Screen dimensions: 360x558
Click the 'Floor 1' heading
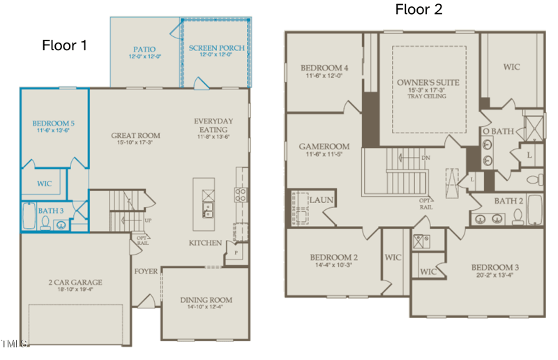pyautogui.click(x=65, y=46)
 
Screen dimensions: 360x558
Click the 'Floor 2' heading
pyautogui.click(x=418, y=9)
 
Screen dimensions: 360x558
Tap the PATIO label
pyautogui.click(x=144, y=50)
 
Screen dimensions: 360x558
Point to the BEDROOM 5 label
pyautogui.click(x=54, y=123)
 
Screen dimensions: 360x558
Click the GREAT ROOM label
pyautogui.click(x=135, y=135)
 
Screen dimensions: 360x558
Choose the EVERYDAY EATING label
pyautogui.click(x=213, y=126)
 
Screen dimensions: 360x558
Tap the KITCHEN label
pyautogui.click(x=205, y=243)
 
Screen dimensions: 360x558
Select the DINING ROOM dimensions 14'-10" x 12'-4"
pyautogui.click(x=206, y=308)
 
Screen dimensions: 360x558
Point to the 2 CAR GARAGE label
pyautogui.click(x=76, y=283)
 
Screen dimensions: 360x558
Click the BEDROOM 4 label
pyautogui.click(x=324, y=68)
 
